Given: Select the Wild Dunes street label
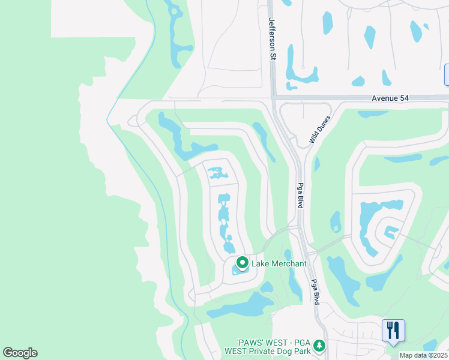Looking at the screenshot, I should click(x=320, y=129).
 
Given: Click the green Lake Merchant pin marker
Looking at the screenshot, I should click(x=243, y=263).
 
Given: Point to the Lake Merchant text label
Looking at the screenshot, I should click(x=279, y=263).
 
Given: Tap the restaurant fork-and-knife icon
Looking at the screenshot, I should click(x=393, y=330).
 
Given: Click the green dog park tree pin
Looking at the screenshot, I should click(x=319, y=346).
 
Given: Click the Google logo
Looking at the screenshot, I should click(x=20, y=353).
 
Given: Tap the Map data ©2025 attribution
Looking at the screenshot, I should click(x=423, y=355).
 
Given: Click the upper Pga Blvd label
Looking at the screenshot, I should click(x=300, y=195).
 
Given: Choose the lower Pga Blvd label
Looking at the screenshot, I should click(x=314, y=292).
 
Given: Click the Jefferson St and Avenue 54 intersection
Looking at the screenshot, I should click(x=273, y=98).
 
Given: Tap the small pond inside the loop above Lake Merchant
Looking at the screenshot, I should click(x=217, y=174).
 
